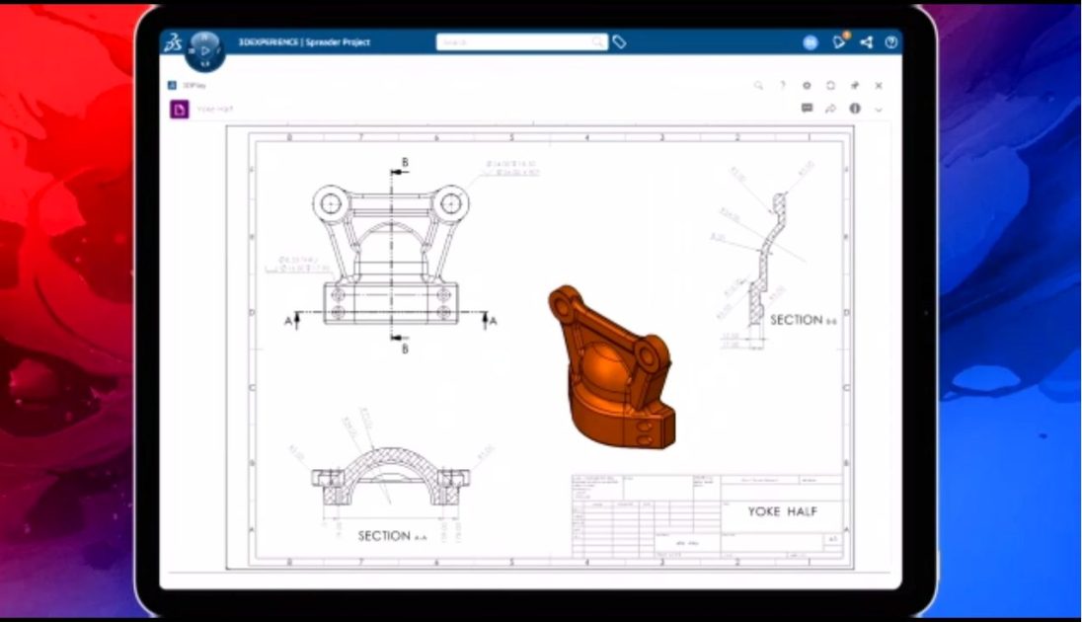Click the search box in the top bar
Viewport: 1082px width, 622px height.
point(521,42)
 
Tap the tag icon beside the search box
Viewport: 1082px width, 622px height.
point(619,42)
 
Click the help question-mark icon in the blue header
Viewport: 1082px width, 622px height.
point(891,42)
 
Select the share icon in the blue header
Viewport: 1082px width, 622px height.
point(866,42)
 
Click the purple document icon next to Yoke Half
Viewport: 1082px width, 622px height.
point(179,110)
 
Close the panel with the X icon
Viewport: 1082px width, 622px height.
point(879,86)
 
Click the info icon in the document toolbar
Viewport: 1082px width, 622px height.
point(855,109)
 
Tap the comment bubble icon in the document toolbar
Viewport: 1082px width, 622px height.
point(807,109)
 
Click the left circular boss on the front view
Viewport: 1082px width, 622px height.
point(329,204)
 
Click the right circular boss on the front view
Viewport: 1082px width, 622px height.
point(452,204)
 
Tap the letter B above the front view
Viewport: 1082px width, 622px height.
point(405,162)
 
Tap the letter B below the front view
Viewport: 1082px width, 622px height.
point(405,348)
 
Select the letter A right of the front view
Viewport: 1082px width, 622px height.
point(493,321)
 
